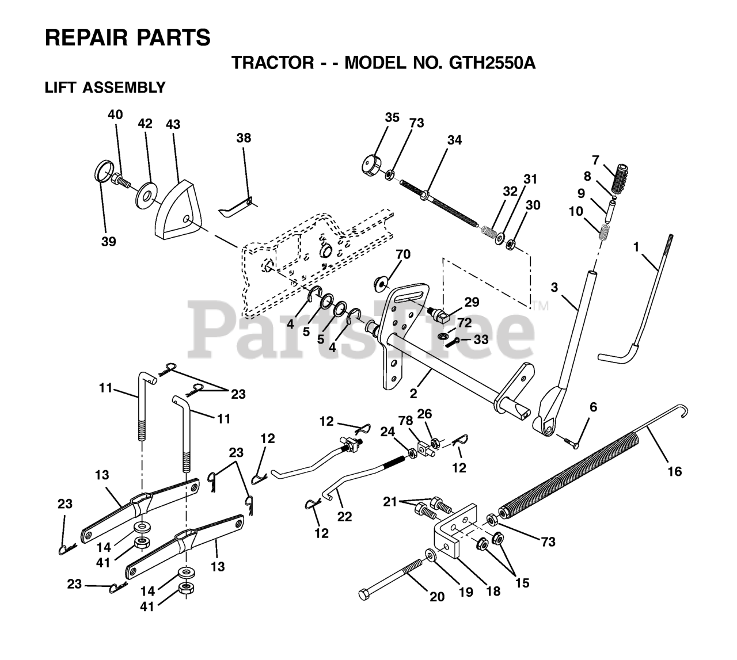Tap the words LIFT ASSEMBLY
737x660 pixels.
point(105,88)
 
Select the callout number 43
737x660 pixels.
point(173,124)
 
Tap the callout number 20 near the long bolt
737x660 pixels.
point(438,597)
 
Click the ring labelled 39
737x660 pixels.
point(102,173)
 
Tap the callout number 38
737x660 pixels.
point(244,138)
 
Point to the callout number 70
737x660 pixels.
point(403,254)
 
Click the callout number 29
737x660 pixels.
point(472,302)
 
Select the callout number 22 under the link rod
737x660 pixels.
point(344,516)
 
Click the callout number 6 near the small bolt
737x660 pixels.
point(593,407)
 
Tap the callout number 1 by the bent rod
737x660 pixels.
point(636,246)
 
